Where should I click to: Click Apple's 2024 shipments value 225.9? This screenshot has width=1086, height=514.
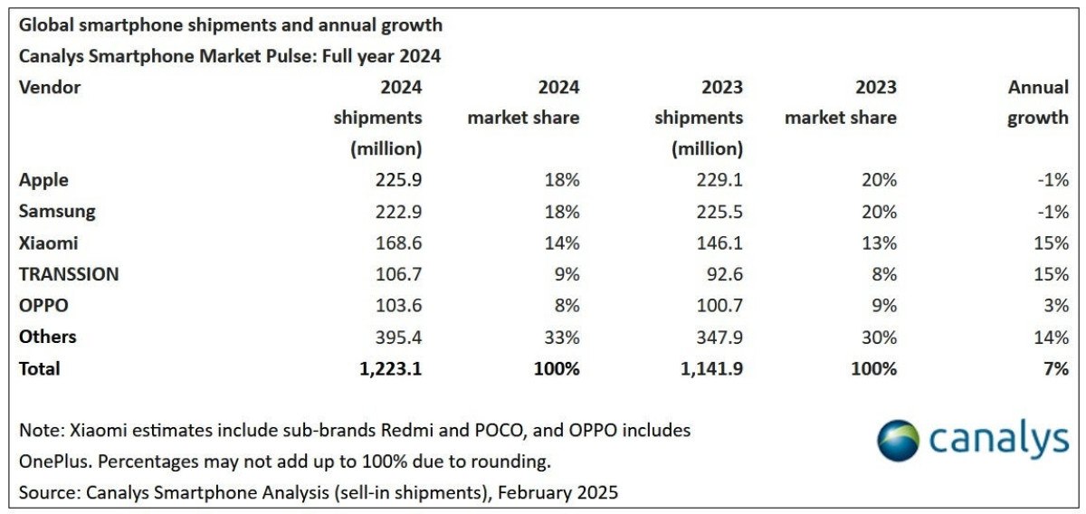[x=398, y=180]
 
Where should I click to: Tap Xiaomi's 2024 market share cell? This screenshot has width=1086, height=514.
[x=561, y=243]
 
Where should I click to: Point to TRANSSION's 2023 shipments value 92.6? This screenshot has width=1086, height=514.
[x=724, y=274]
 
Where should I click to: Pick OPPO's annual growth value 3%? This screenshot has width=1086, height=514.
[x=1055, y=306]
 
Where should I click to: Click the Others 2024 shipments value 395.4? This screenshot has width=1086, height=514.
[x=398, y=338]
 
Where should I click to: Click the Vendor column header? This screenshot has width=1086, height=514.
[x=50, y=88]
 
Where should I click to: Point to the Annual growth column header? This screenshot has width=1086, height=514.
[x=1038, y=102]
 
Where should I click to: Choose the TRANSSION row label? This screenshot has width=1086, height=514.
[x=69, y=274]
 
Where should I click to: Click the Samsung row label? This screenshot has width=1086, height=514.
[x=56, y=212]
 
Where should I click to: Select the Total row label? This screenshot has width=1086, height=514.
[x=39, y=368]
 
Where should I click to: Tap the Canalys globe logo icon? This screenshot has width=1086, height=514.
[x=899, y=441]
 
